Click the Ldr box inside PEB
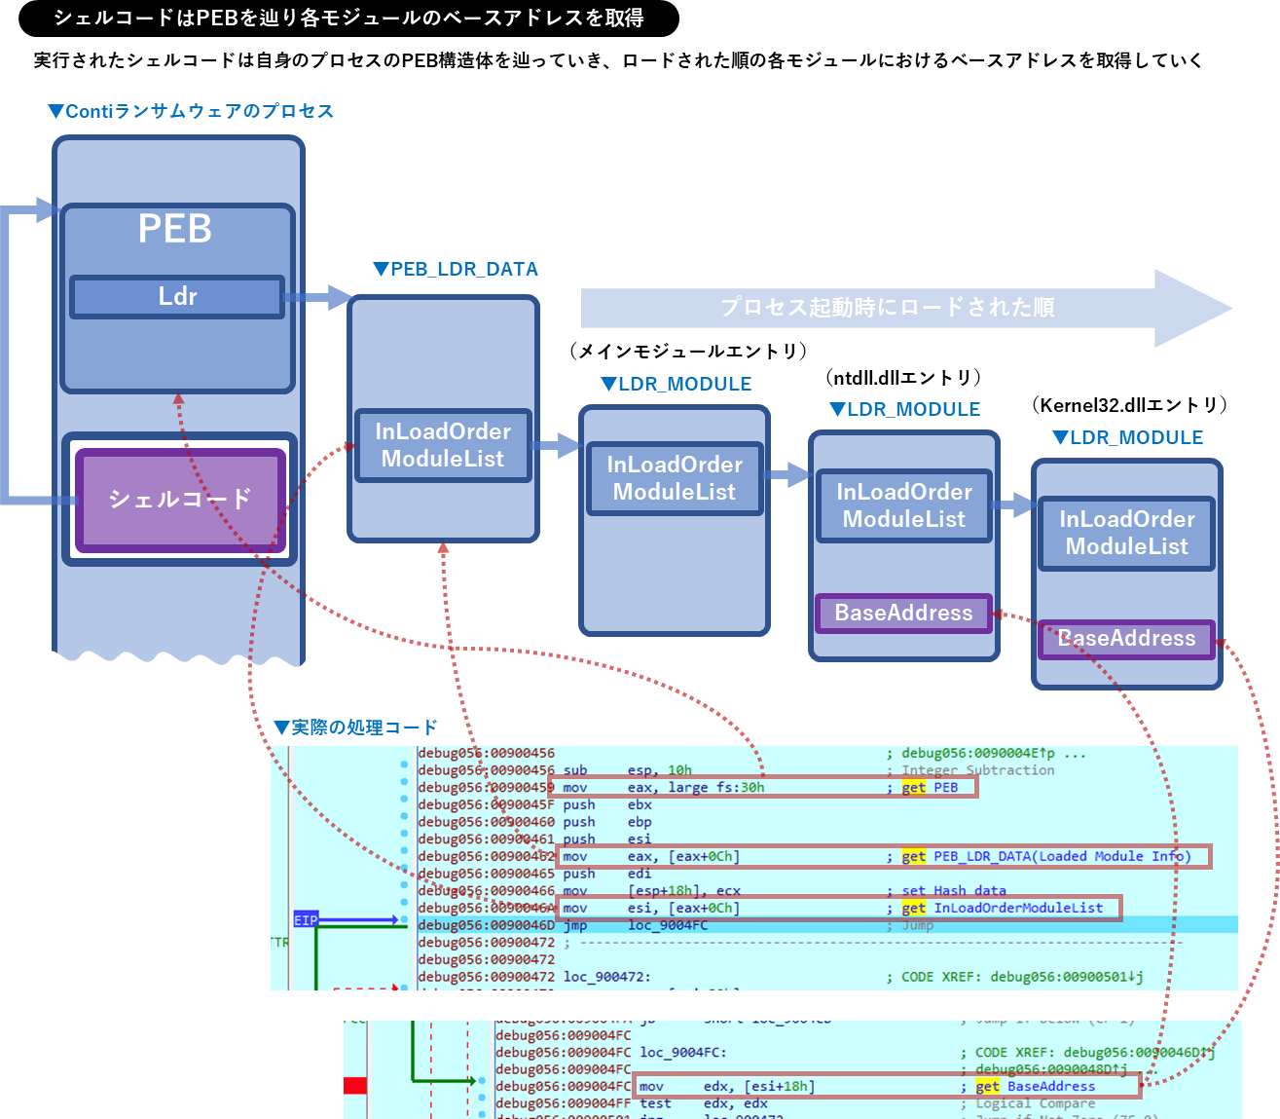(177, 297)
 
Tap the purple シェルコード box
(180, 500)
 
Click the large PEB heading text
(175, 230)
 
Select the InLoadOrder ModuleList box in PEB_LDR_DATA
(443, 445)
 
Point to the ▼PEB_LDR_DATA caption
(456, 270)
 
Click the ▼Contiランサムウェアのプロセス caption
(191, 112)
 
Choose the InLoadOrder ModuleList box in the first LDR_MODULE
(675, 478)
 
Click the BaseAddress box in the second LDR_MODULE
(903, 614)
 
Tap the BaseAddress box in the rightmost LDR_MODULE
(1126, 639)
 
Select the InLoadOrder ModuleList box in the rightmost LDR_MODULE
(1127, 533)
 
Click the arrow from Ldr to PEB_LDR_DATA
(319, 297)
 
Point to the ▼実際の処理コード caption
(355, 727)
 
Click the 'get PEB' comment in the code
(931, 788)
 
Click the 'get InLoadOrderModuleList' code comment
(1004, 909)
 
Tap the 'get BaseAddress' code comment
(1036, 1087)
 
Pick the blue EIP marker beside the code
(306, 920)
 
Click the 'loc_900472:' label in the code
(606, 977)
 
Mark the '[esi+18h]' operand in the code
(779, 1087)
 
